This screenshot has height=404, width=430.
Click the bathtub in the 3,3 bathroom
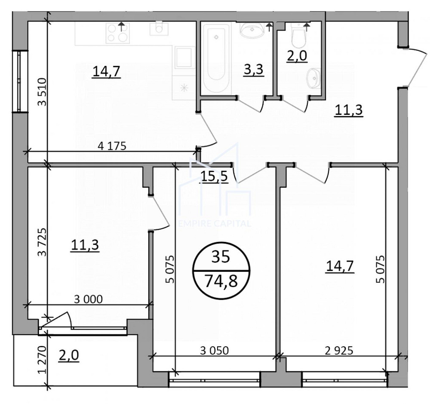[x=217, y=58]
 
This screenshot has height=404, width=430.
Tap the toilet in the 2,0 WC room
[x=298, y=35]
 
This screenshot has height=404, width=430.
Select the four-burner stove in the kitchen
[x=118, y=33]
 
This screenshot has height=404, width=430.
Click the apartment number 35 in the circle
[x=221, y=257]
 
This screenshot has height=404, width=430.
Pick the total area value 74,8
[x=221, y=281]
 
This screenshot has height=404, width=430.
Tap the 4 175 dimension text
[x=112, y=146]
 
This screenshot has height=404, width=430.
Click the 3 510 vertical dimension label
[x=43, y=92]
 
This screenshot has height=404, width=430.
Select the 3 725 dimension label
[x=43, y=242]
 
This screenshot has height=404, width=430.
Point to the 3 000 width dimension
[x=88, y=299]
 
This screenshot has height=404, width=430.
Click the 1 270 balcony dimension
[x=42, y=360]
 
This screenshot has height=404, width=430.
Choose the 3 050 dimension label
[x=214, y=351]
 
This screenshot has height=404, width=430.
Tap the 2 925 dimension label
[x=339, y=351]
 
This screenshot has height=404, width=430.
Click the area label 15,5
[x=214, y=176]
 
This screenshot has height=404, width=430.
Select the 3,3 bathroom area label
[x=254, y=69]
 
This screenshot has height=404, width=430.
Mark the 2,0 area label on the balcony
[x=68, y=355]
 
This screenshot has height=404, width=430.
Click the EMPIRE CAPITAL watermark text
[x=215, y=223]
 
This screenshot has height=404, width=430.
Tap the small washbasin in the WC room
[x=313, y=78]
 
